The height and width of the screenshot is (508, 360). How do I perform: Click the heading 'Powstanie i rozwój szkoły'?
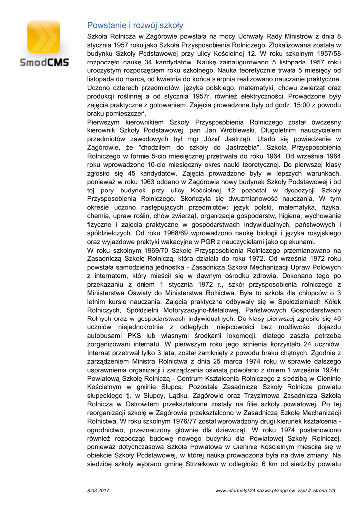(x=135, y=25)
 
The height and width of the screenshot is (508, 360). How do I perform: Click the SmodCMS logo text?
(x=45, y=63)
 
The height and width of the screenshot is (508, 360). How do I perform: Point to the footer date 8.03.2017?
(x=98, y=490)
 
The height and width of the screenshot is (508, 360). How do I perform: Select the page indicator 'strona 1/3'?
(x=325, y=490)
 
